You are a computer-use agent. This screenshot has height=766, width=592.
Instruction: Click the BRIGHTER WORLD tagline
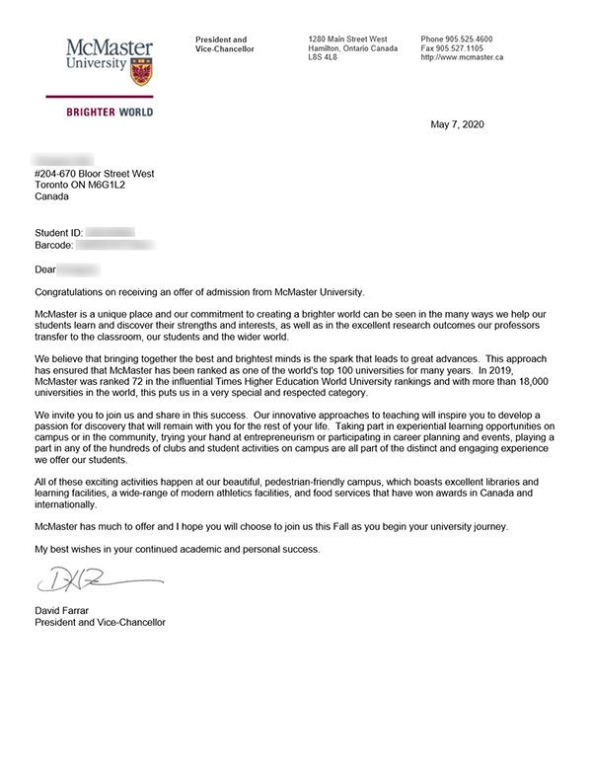[110, 113]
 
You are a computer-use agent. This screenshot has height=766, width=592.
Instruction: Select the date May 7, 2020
[458, 124]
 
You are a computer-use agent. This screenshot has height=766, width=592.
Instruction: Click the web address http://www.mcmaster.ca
[462, 57]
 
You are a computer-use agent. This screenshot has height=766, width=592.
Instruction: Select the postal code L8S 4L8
[323, 57]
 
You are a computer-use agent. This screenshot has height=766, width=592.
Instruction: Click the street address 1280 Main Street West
[347, 39]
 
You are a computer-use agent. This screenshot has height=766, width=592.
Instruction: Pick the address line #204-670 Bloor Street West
[95, 174]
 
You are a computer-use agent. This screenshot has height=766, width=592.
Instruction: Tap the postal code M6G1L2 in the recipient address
[122, 185]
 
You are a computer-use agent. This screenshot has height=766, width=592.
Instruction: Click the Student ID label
[58, 232]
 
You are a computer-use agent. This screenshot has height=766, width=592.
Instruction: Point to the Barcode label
[54, 244]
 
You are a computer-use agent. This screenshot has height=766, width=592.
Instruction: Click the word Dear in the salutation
[45, 268]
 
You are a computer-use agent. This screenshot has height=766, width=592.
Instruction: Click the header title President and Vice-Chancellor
[225, 44]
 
